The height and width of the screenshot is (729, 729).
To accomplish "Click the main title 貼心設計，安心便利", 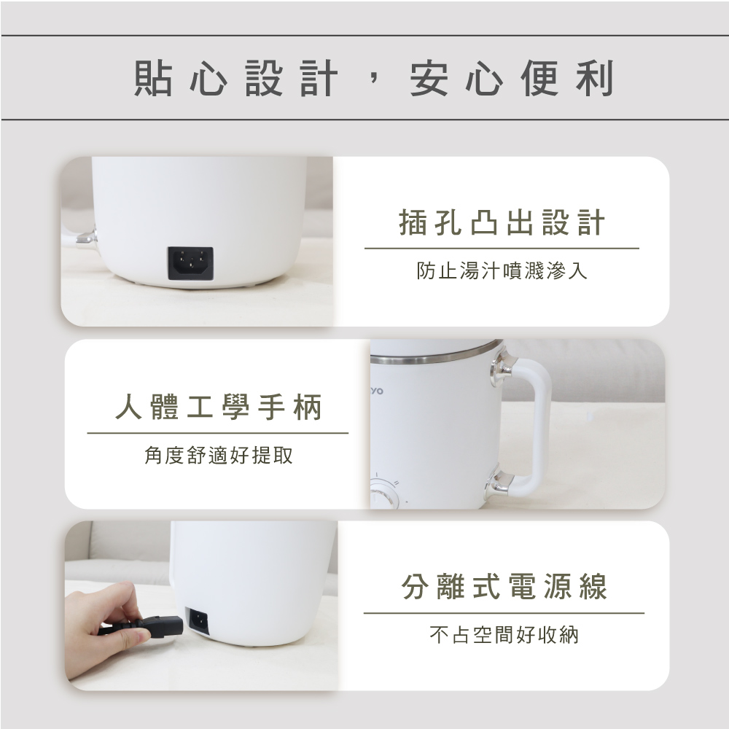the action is (374, 78).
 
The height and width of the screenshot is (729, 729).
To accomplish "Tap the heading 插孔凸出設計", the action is (502, 222).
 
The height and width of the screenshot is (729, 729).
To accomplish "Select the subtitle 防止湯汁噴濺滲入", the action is (502, 270).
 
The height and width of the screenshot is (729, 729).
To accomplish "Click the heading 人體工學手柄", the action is (219, 407).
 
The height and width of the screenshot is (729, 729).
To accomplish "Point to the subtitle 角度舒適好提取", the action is (219, 455).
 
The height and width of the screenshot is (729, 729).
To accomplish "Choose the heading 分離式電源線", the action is (504, 586).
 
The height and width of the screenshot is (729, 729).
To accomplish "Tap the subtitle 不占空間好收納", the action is (504, 635).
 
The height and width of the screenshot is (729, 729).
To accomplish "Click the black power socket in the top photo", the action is (190, 263).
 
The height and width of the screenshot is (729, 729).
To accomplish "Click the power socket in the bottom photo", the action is (197, 620).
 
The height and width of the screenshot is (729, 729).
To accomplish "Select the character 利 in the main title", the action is (596, 78).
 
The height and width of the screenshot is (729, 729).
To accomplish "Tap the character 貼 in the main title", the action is (153, 78).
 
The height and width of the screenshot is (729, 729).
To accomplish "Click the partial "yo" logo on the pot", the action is (377, 391).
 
